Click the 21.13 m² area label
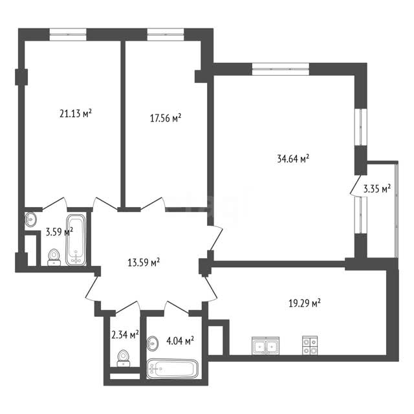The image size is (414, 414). pos(76,114)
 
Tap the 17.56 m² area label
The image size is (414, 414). pos(166,118)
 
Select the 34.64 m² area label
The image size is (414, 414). pos(293,158)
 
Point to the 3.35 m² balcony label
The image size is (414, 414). pos(377,189)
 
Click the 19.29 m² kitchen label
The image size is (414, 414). pos(305,303)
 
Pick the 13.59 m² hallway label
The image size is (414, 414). pos(144,263)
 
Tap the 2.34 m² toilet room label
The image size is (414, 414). pos(125,335)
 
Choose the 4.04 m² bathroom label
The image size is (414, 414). pos(180,341)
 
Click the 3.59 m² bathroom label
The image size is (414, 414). pos(59,232)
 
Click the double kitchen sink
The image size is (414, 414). pos(266,345)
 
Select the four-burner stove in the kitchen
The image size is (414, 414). pos(310,345)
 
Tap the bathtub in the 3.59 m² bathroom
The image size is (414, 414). pos(76,240)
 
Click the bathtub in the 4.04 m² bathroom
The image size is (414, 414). pos(173,369)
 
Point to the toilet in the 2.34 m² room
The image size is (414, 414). pos(124,358)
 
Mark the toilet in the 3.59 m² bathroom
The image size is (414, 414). pos(54,257)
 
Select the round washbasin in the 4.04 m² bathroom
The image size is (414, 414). pos(153,343)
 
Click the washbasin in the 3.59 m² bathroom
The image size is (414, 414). pos(31,219)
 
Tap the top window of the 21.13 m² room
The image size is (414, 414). pos(68,34)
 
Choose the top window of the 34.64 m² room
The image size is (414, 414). pos(280,69)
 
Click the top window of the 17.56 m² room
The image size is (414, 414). pos(166,34)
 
